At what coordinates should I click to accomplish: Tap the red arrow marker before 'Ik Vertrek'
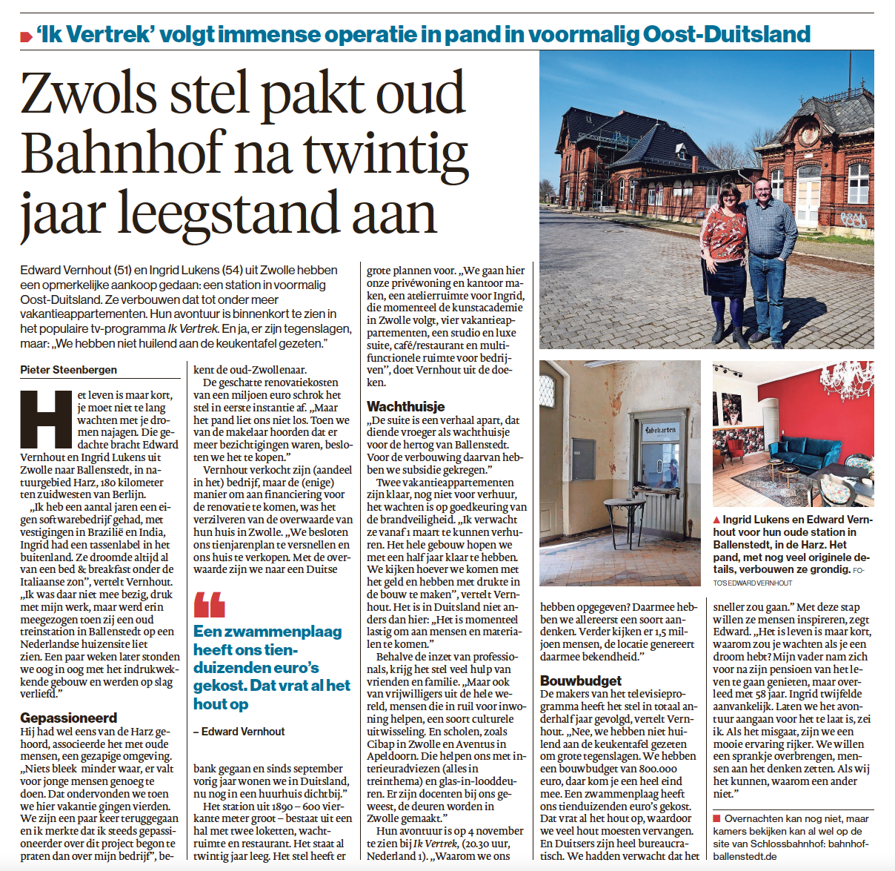(x=27, y=36)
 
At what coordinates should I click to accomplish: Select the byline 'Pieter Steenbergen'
(x=68, y=370)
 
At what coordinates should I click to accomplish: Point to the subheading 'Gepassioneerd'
(x=68, y=718)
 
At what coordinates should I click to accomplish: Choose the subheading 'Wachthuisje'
(x=405, y=406)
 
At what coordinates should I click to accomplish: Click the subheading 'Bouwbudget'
(x=580, y=680)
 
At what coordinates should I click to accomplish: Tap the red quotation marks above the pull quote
(x=209, y=605)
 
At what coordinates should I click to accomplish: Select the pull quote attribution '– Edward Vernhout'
(x=239, y=731)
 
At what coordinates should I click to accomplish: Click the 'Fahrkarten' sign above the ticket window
(x=659, y=430)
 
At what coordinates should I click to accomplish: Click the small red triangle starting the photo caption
(x=716, y=520)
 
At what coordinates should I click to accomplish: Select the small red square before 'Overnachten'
(x=716, y=818)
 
